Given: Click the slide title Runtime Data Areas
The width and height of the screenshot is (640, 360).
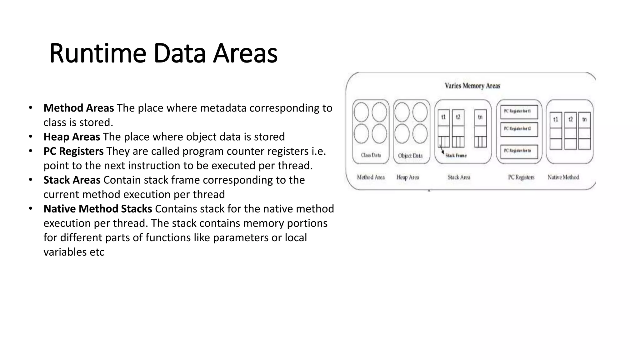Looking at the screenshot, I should [163, 53].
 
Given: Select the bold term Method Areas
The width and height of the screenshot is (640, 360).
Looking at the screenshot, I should [78, 108].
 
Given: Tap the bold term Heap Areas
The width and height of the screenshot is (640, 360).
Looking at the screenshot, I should [72, 137].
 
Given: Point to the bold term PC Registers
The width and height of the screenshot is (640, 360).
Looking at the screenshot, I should [73, 151].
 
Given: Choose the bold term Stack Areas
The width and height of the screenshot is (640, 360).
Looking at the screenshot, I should [72, 180].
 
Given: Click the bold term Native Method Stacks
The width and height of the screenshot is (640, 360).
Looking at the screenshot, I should [97, 209].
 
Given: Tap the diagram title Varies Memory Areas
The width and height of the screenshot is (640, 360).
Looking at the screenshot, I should [472, 86].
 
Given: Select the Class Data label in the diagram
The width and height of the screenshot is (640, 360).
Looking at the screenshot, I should [371, 155].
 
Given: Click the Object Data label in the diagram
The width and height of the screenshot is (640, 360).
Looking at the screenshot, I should [410, 156].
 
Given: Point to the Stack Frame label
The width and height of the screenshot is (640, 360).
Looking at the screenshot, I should [456, 156].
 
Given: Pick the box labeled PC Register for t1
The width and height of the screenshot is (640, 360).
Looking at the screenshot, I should [519, 112].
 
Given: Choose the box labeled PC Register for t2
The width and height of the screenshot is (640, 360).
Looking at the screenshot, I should [519, 129].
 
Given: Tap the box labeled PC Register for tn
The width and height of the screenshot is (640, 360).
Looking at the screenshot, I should [519, 151].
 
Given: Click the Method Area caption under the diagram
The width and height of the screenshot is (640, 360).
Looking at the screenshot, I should [371, 177].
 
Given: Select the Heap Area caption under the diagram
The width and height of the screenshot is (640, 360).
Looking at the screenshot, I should [407, 177].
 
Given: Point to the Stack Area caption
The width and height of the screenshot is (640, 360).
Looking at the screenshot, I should [459, 177].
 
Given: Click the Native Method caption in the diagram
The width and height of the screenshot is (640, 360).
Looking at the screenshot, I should [563, 177].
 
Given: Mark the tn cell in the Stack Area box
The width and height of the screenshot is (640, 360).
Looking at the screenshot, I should [480, 117].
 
